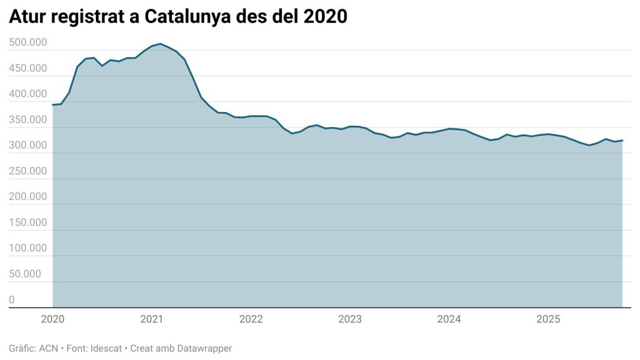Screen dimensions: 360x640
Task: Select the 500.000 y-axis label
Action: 29,42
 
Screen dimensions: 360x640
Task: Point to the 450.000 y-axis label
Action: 29,68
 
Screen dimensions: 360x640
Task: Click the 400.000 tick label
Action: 29,94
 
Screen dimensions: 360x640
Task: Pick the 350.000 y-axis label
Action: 29,120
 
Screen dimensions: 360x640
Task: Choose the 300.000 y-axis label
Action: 29,145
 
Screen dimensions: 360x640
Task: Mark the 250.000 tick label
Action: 29,171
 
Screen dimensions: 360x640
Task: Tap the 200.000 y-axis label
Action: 29,197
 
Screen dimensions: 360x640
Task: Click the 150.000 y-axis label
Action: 29,222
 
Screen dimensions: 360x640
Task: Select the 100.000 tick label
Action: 29,248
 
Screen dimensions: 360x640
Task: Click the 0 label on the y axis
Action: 12,300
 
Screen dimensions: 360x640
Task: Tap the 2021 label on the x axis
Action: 152,320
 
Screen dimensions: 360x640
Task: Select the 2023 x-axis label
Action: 350,320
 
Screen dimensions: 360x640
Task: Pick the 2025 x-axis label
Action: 548,320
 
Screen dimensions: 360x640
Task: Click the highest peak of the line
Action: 160,44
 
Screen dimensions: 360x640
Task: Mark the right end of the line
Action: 623,140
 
